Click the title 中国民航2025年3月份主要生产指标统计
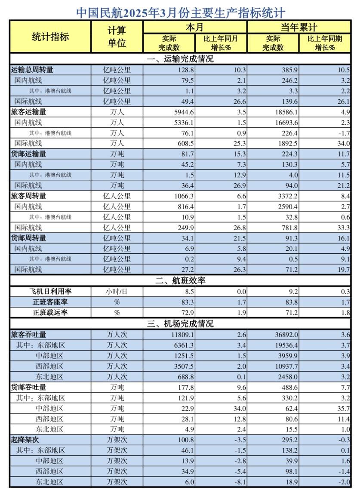(180, 12)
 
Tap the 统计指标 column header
(50, 37)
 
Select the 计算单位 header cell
(117, 37)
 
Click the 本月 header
(194, 28)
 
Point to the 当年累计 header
(298, 28)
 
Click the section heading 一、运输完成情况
(180, 59)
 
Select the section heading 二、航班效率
(180, 280)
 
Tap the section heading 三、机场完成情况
(180, 323)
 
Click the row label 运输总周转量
(32, 70)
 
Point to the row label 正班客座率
(50, 302)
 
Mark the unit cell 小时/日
(117, 291)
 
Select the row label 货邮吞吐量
(28, 387)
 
